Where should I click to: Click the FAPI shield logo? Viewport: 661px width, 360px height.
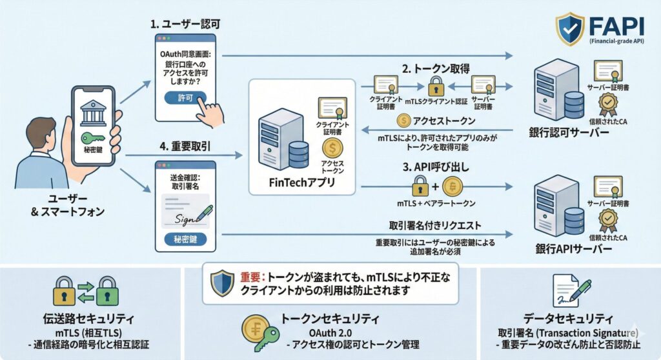[x=571, y=28]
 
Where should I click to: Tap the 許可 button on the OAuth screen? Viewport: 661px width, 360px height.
[x=185, y=98]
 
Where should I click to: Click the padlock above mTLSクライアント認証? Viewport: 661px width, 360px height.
[x=436, y=85]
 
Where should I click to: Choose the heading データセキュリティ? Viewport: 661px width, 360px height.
[x=569, y=319]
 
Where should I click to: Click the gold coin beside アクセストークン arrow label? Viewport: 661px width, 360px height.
[x=403, y=120]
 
